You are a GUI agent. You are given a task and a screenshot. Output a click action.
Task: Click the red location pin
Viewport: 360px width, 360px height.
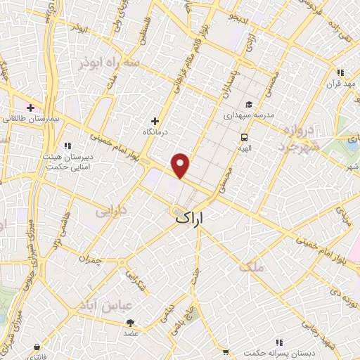(181, 165)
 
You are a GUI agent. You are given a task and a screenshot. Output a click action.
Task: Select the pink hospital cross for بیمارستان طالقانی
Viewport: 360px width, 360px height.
(30, 108)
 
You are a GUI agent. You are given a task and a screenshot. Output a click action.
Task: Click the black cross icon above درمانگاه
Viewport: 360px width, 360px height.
(155, 121)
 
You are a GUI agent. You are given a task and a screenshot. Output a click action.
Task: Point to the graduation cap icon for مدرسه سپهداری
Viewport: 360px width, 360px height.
(248, 105)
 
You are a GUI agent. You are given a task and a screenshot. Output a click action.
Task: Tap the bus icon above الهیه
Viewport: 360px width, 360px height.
(244, 137)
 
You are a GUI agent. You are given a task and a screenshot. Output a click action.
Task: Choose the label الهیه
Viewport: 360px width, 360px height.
(244, 148)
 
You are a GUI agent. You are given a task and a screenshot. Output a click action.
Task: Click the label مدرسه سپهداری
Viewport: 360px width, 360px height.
(248, 115)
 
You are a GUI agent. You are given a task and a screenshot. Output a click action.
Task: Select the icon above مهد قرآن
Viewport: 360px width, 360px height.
(341, 72)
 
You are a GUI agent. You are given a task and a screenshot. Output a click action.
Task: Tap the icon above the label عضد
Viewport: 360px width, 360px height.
(130, 323)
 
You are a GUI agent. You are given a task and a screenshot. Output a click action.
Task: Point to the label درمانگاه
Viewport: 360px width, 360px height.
(156, 131)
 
